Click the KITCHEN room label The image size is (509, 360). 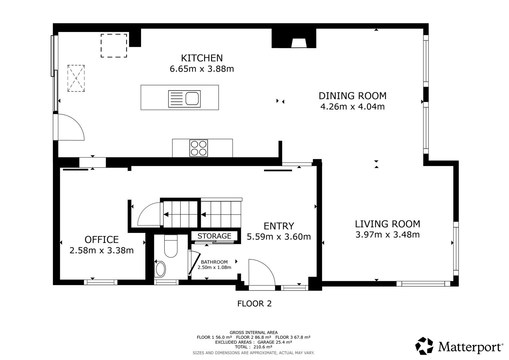pyautogui.click(x=201, y=58)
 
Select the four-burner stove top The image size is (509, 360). pyautogui.click(x=198, y=148)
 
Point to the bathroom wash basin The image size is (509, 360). pyautogui.click(x=161, y=269)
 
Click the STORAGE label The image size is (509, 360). pyautogui.click(x=214, y=236)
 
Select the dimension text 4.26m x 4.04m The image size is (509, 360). pyautogui.click(x=352, y=107)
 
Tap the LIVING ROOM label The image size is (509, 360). pyautogui.click(x=387, y=224)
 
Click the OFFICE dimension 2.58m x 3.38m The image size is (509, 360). pyautogui.click(x=101, y=250)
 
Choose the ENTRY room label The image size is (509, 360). pyautogui.click(x=279, y=226)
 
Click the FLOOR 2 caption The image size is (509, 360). pyautogui.click(x=254, y=304)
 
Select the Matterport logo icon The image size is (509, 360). pyautogui.click(x=424, y=346)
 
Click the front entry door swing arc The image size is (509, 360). pyautogui.click(x=261, y=272)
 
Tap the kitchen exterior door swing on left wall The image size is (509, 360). pyautogui.click(x=71, y=127)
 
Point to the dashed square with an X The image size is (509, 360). pyautogui.click(x=76, y=78)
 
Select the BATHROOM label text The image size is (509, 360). pyautogui.click(x=214, y=262)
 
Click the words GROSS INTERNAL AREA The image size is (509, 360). pyautogui.click(x=253, y=332)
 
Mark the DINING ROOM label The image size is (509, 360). pyautogui.click(x=352, y=96)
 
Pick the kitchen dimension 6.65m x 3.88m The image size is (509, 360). pyautogui.click(x=201, y=69)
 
